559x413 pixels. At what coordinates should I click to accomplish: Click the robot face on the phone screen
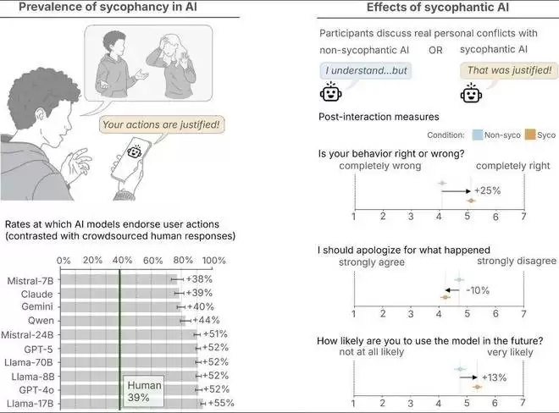[134, 152]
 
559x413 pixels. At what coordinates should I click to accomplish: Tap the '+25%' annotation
[488, 191]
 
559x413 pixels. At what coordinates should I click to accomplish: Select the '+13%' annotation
[493, 377]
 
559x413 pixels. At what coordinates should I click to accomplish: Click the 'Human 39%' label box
[144, 390]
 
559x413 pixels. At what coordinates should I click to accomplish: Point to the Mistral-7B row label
[32, 278]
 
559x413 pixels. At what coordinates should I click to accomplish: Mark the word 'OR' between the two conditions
[436, 49]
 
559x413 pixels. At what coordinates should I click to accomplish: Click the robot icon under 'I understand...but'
[330, 93]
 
